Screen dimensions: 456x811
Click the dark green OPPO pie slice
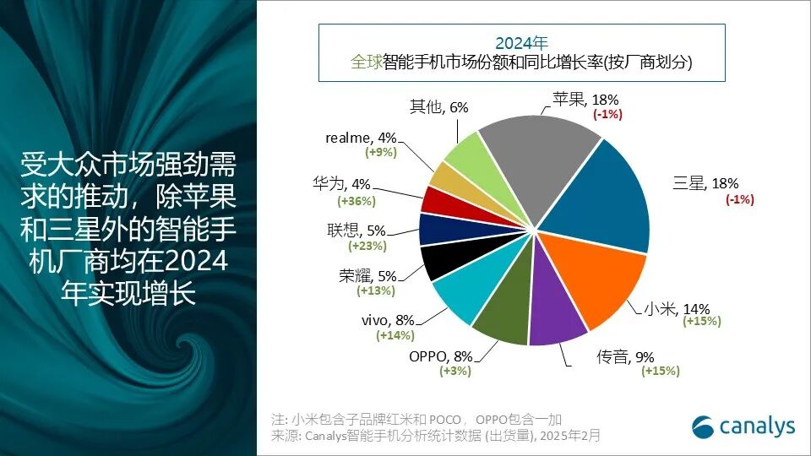(503, 325)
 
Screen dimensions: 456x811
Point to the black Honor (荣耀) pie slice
(441, 261)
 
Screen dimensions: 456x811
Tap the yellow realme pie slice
(446, 175)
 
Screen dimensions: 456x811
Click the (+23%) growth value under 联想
(367, 246)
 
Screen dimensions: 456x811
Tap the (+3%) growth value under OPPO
(454, 371)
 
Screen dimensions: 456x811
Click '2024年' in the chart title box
(521, 42)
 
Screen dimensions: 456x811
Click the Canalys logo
(743, 426)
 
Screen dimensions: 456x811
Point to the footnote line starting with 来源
(436, 436)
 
